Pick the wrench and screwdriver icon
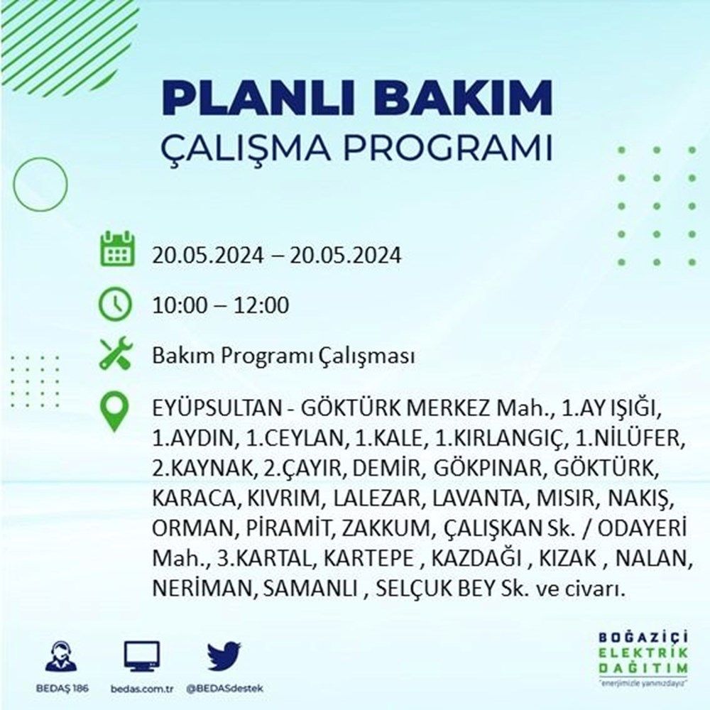[x=116, y=354]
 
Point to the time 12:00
[x=261, y=305]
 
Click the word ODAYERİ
[x=643, y=528]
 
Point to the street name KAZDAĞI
[x=476, y=558]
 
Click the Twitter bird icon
[x=224, y=655]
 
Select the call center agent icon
[x=61, y=656]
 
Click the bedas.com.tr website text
[x=142, y=689]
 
